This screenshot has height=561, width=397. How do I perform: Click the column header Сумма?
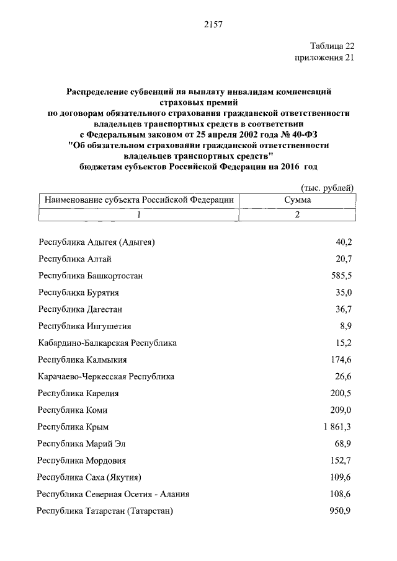point(297,200)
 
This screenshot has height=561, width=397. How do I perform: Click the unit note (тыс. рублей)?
point(328,187)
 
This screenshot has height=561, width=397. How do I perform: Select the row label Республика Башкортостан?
point(90,275)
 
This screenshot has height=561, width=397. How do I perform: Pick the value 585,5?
point(341,275)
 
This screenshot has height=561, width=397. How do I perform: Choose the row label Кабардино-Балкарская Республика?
point(107,343)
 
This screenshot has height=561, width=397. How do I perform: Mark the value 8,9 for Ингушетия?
point(346,326)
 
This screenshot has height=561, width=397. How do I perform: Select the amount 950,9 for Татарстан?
point(341,511)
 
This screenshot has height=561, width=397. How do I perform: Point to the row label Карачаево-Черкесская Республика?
point(106,376)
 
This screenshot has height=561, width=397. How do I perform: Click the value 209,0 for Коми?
point(341,410)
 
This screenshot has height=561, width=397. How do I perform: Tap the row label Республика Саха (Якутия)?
point(89,477)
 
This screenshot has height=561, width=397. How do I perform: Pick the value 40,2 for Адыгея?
point(344,242)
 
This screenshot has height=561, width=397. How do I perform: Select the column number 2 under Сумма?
point(297,214)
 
